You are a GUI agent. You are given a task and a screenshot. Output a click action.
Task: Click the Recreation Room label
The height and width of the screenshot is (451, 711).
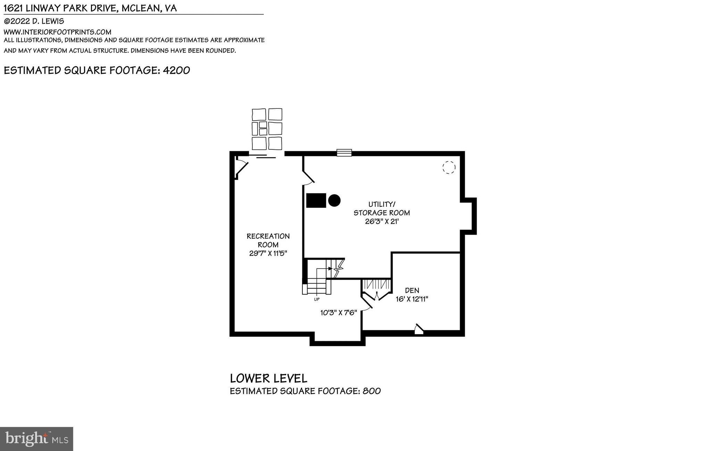coord(268,240)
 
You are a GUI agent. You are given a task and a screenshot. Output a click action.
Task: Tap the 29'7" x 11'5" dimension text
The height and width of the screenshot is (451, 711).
coord(268,253)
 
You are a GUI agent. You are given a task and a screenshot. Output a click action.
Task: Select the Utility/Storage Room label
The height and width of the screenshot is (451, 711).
coord(382,208)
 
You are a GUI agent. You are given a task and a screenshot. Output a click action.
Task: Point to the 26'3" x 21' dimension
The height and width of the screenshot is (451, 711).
coord(382,221)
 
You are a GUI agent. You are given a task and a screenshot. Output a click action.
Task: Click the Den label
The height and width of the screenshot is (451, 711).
coord(412,290)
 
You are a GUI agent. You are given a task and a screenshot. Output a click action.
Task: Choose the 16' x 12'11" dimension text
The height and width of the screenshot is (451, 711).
coord(412,299)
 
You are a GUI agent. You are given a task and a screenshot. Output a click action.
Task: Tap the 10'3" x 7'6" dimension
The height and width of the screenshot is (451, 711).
coord(338,313)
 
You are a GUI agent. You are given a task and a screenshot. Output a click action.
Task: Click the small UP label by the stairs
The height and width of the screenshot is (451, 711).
coord(317,299)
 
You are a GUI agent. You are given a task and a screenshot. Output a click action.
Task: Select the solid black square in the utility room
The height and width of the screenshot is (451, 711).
coord(316,200)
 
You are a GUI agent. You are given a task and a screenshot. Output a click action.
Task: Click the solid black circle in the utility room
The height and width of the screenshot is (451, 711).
coord(334,200)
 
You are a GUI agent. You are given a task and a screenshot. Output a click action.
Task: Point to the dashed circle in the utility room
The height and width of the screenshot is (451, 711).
coord(449,167)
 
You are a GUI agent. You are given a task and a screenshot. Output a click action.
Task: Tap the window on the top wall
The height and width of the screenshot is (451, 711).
coord(344,153)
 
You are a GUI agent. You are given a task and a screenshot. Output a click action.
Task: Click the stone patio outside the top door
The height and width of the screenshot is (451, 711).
coord(267,129)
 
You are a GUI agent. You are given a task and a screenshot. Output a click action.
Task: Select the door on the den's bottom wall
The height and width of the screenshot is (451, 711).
coord(419,329)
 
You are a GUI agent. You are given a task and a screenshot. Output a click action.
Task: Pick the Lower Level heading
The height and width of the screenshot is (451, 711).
coord(268,378)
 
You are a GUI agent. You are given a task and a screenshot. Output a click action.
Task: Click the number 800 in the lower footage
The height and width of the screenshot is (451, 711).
coord(371,391)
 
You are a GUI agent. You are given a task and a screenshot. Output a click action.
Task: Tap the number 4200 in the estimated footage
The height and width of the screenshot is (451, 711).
coord(176,71)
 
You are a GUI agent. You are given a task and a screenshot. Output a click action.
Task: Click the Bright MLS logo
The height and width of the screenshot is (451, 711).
coord(36,439)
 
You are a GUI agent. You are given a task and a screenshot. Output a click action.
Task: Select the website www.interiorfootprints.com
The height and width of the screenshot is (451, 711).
coord(57,32)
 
